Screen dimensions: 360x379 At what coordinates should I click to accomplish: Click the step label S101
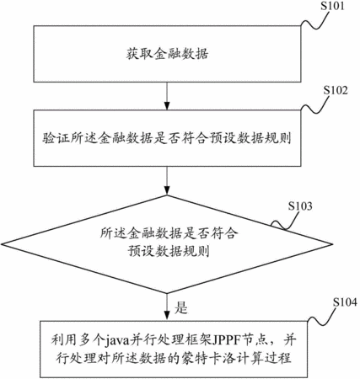point(332,6)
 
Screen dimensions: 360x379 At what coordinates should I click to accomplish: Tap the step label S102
point(336,90)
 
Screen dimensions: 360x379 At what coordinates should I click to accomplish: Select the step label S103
point(300,206)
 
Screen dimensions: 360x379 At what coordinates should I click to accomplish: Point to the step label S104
point(345,302)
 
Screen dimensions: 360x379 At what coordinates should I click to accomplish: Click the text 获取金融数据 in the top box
point(167,54)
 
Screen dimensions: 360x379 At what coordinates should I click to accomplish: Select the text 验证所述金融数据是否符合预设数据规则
point(167,138)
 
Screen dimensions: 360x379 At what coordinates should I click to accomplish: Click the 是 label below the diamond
point(180,307)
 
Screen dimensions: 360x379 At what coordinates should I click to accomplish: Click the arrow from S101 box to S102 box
point(167,96)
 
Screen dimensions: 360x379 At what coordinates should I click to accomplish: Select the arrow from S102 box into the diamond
point(167,180)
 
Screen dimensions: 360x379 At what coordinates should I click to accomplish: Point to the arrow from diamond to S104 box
point(167,307)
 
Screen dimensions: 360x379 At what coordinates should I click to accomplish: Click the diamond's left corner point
point(2,244)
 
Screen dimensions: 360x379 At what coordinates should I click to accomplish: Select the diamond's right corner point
point(333,243)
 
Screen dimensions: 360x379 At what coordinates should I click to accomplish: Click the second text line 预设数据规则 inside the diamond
point(169,250)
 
